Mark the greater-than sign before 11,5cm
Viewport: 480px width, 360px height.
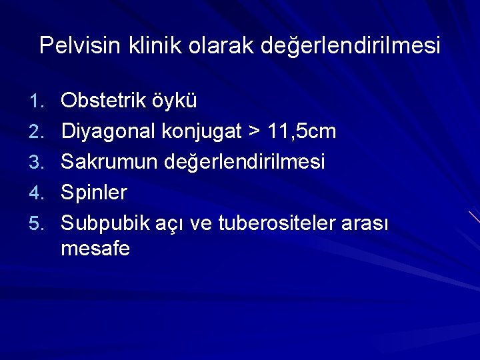point(254,131)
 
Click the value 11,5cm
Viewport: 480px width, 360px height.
point(301,131)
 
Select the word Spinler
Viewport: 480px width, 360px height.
point(94,192)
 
